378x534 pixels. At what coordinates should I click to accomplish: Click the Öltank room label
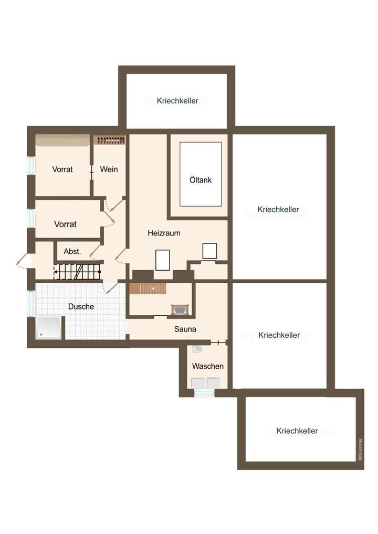(201, 180)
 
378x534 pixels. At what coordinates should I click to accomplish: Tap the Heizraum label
(164, 233)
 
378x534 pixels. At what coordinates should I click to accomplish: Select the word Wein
(109, 169)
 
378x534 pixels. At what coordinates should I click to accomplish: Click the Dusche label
(81, 306)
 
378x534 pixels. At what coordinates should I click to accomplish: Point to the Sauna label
(185, 329)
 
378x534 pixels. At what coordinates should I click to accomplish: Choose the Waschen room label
(207, 366)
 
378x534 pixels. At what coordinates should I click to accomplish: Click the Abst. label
(72, 251)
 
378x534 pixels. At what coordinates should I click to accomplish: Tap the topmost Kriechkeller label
(177, 101)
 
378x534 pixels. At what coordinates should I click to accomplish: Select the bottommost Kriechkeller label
(297, 431)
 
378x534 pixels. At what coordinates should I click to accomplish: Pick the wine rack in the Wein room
(110, 140)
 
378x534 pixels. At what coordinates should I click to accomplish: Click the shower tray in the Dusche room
(48, 328)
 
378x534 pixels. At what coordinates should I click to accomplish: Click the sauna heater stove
(180, 310)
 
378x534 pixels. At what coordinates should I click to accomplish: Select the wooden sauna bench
(148, 288)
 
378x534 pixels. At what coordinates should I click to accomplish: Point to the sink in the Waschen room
(197, 349)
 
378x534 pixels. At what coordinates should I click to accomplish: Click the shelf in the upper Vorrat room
(61, 141)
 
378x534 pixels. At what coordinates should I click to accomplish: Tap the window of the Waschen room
(204, 392)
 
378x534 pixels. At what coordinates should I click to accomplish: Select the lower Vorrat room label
(65, 224)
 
